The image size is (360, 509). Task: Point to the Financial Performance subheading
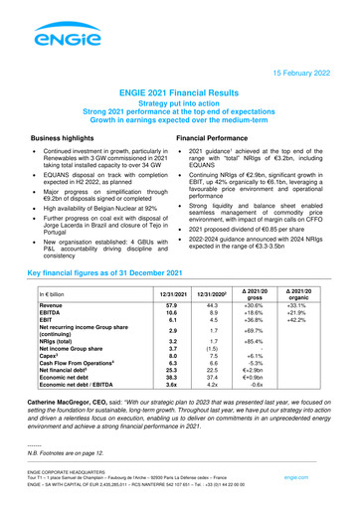221,140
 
